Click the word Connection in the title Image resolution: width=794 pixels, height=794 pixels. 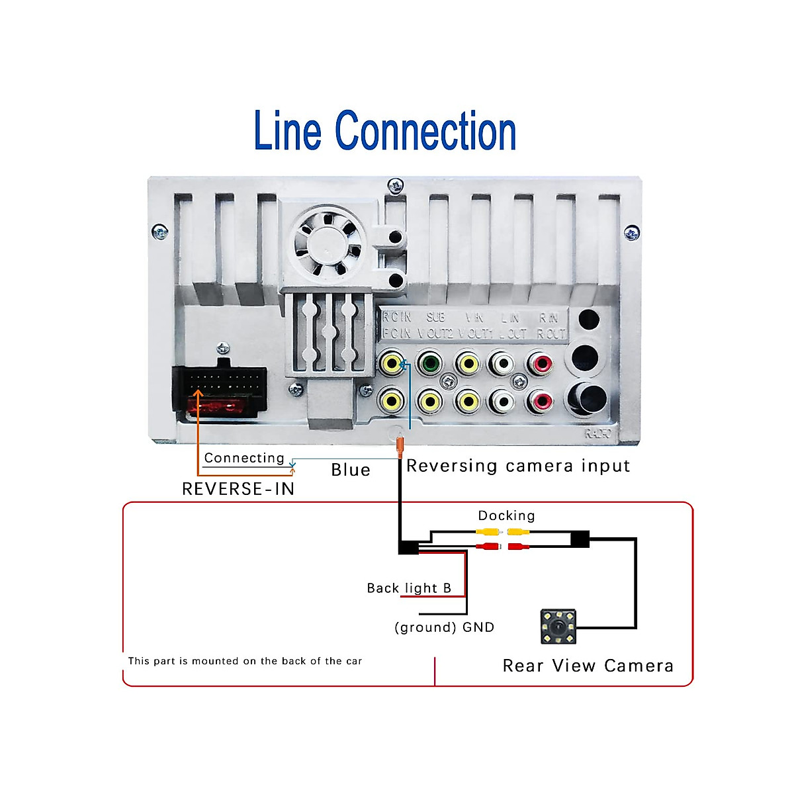tap(425, 131)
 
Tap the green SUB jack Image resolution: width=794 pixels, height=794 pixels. tap(430, 363)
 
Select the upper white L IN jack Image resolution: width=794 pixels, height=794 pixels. tap(503, 363)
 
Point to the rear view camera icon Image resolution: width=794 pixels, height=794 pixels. tap(558, 627)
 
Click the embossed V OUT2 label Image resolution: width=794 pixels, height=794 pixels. tap(435, 333)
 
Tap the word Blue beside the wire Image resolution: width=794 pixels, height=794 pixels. tap(351, 470)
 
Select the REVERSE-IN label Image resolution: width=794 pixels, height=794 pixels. tap(238, 489)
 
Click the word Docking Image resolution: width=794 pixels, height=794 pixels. tap(506, 515)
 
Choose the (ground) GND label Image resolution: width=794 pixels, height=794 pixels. tap(444, 627)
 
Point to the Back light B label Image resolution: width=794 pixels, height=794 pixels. tap(409, 588)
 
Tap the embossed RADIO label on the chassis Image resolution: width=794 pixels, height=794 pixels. tap(598, 434)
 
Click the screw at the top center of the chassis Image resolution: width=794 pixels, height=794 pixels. tap(396, 185)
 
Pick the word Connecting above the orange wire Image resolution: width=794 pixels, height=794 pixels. tap(244, 458)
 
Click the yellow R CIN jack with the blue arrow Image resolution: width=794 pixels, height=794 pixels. tap(392, 363)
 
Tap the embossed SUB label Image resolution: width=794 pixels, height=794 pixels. tap(435, 318)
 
